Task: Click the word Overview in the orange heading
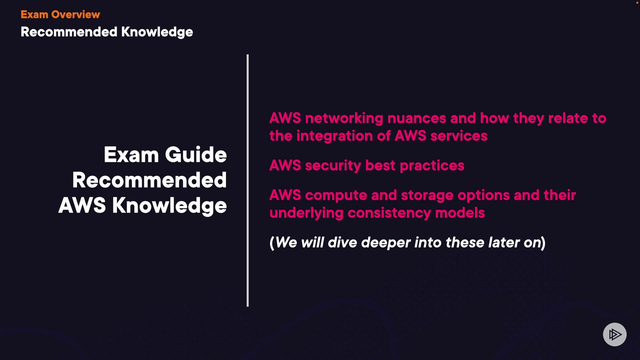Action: (76, 14)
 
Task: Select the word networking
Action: (344, 119)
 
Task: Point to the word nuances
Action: (417, 118)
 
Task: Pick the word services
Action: (459, 136)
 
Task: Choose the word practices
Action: (432, 166)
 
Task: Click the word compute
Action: (336, 196)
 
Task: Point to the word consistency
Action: (389, 213)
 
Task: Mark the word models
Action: (460, 213)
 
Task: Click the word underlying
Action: (306, 213)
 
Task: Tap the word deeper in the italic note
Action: (386, 243)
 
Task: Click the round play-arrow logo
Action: (615, 334)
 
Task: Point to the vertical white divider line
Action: (248, 180)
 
